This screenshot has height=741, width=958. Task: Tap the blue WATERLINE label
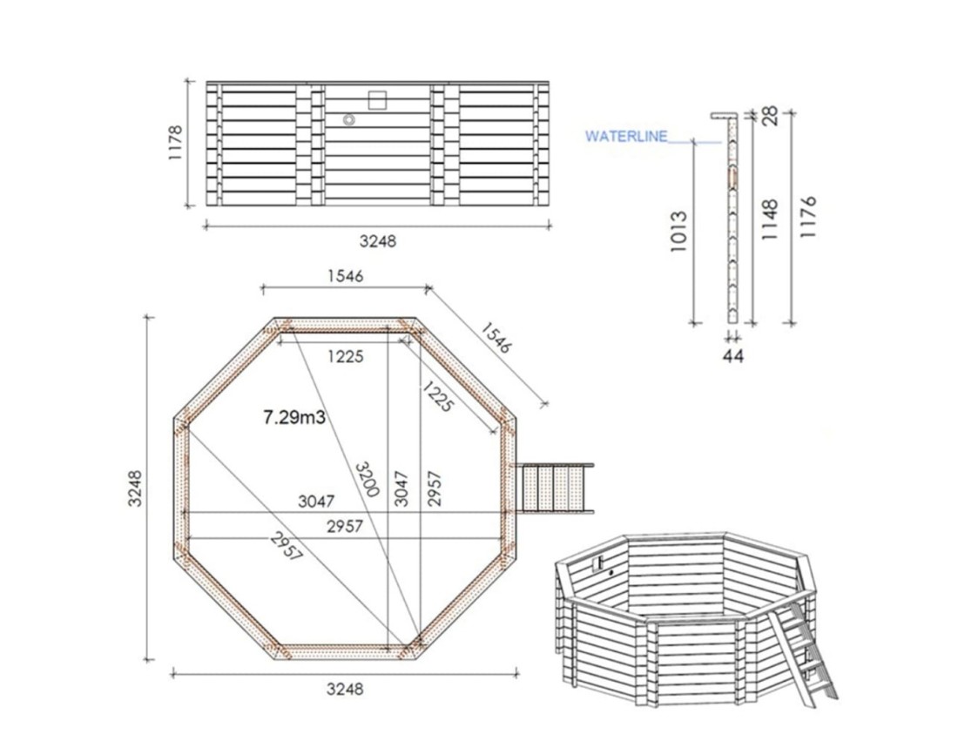click(x=626, y=136)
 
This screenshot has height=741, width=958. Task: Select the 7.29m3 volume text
click(x=294, y=418)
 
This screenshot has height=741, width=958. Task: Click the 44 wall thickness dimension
click(x=733, y=355)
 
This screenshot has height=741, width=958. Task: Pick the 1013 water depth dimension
click(x=680, y=232)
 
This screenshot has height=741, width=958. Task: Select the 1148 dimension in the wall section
click(x=769, y=222)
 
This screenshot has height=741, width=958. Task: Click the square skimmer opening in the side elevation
click(x=378, y=99)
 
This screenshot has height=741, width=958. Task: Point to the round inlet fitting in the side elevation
click(x=348, y=121)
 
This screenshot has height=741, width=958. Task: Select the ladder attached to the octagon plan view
click(x=555, y=490)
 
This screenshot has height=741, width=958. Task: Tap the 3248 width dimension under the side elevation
click(x=377, y=241)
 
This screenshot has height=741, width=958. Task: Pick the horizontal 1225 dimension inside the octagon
click(x=345, y=355)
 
